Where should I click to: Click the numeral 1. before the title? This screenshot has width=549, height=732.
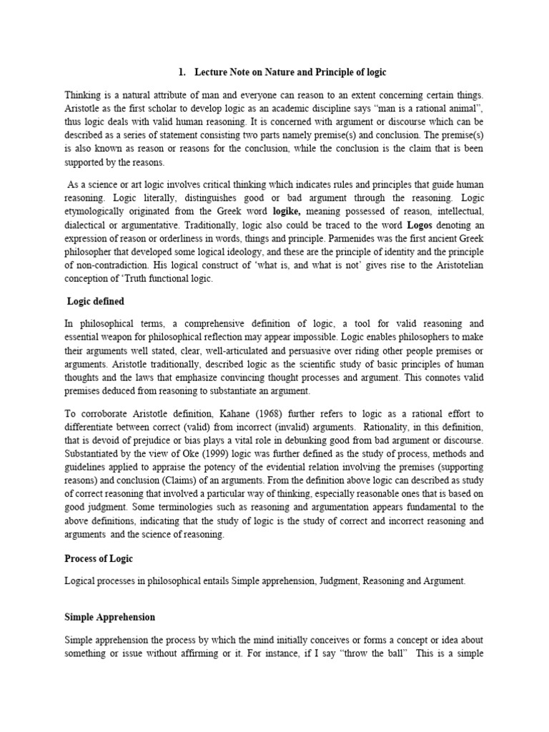(x=181, y=73)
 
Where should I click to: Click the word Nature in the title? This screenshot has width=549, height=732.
(x=274, y=73)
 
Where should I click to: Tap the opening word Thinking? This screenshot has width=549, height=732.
(x=84, y=95)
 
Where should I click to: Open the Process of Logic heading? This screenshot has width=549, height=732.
(x=98, y=558)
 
